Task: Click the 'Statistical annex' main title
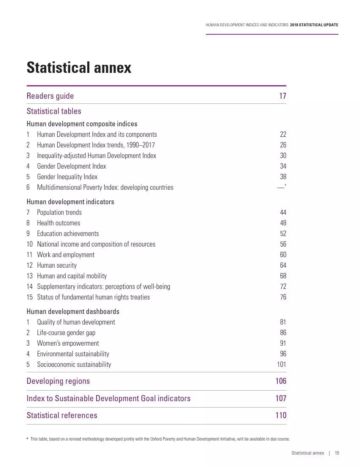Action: (x=79, y=68)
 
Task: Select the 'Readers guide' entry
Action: (x=50, y=96)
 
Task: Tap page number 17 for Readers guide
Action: (x=282, y=96)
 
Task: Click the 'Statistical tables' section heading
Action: (x=54, y=111)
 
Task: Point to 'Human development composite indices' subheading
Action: (x=82, y=124)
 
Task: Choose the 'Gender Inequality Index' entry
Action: (x=67, y=177)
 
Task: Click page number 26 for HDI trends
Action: (x=283, y=145)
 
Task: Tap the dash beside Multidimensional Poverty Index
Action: (x=281, y=188)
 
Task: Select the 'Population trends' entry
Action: (x=59, y=213)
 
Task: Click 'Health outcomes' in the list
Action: (x=58, y=223)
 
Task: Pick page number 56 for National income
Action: (x=283, y=244)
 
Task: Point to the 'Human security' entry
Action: (x=57, y=266)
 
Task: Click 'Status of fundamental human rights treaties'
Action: (x=93, y=297)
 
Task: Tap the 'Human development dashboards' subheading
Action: (x=73, y=312)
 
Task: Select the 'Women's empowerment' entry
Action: (x=68, y=344)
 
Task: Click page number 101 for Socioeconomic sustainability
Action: (x=281, y=365)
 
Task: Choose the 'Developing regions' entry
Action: (x=58, y=381)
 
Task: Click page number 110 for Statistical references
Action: (x=281, y=416)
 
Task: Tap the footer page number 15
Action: (x=337, y=453)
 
